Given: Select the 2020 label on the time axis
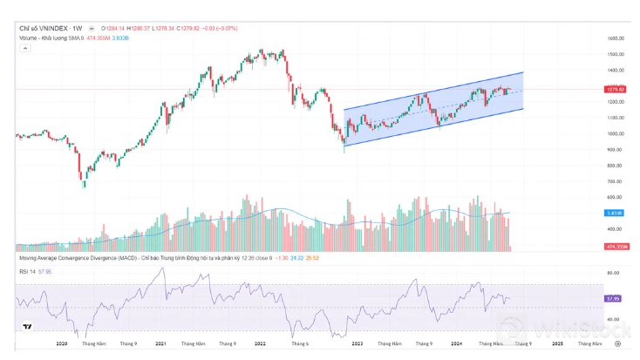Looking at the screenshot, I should click(61, 344).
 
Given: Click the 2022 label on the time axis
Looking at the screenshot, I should click(259, 344).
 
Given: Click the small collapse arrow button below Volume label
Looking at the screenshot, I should click(24, 48).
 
